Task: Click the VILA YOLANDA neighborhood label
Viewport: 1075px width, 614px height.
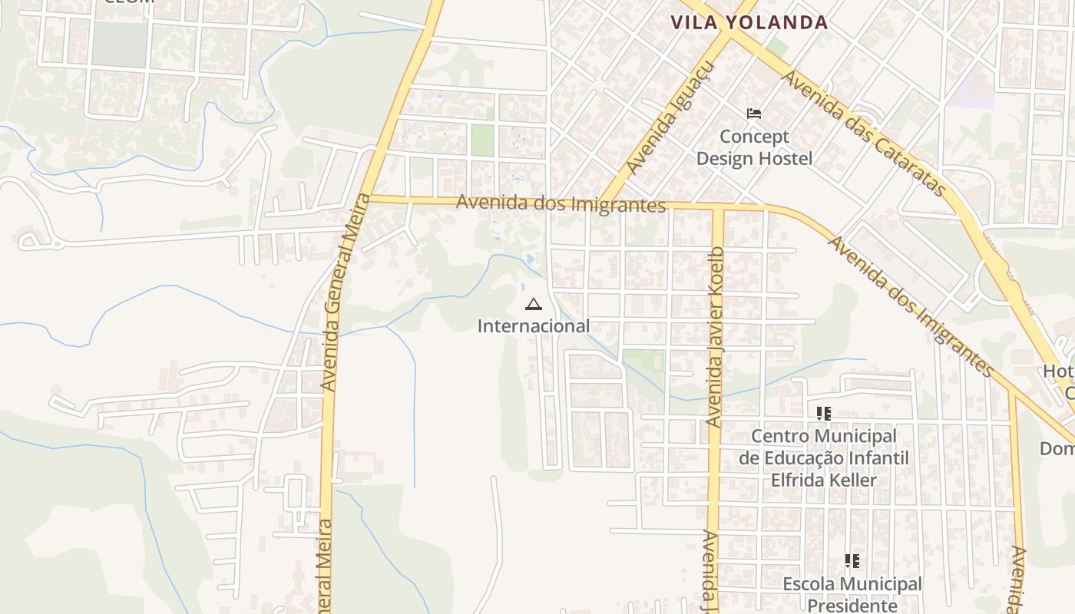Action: [749, 22]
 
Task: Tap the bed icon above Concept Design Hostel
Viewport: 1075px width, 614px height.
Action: [754, 114]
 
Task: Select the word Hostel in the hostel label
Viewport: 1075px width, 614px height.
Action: [784, 159]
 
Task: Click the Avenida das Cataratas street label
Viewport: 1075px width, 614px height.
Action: [865, 135]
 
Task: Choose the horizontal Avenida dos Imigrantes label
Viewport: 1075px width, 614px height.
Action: [561, 203]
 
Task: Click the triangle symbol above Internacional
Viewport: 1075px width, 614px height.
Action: [534, 305]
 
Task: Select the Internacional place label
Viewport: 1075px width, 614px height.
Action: [534, 326]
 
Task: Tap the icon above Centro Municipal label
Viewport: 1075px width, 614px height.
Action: [824, 414]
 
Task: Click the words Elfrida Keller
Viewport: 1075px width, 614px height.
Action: [824, 480]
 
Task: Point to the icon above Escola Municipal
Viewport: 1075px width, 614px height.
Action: [852, 561]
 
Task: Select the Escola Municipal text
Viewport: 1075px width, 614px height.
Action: [852, 584]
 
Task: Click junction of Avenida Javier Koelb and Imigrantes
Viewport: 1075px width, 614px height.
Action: [717, 208]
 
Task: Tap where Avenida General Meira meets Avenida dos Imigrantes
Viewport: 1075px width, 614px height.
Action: [365, 199]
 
